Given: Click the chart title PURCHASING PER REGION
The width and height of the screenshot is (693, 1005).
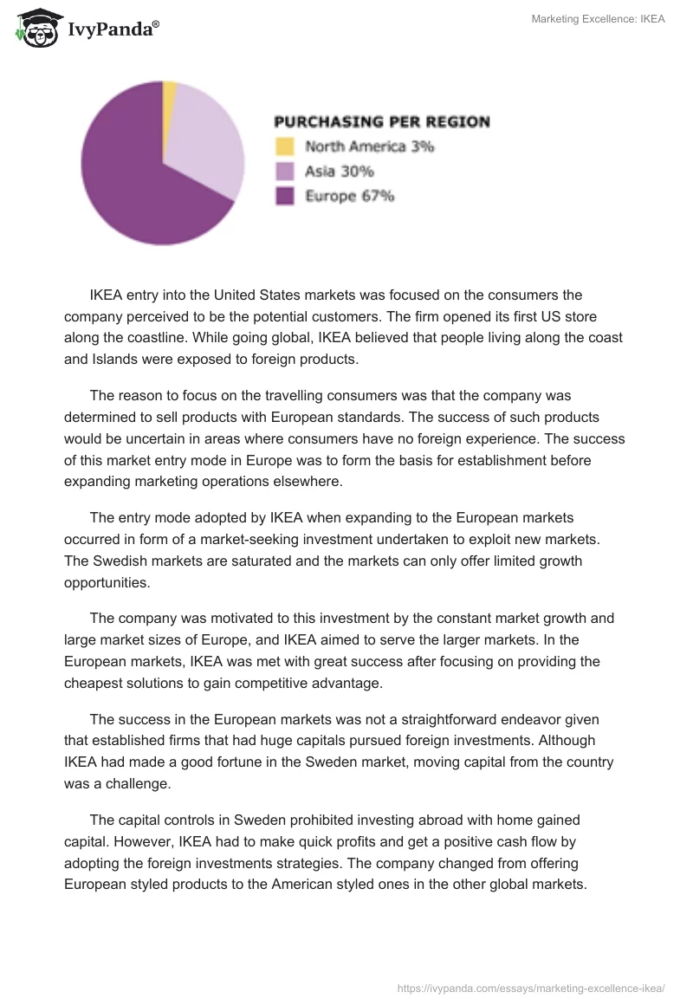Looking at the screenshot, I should point(382,122).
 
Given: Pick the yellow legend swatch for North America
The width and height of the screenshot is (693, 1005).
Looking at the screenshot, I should point(285,146).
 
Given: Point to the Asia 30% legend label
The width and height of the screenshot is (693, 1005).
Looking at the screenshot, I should point(339,172).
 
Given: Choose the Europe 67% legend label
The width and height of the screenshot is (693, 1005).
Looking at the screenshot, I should point(349,197).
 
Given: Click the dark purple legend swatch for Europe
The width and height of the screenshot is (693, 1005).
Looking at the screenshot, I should point(285,197).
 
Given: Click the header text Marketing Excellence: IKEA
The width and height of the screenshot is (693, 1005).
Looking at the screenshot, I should point(598,19).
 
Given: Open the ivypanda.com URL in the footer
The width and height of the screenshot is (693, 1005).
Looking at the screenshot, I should point(531,987).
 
